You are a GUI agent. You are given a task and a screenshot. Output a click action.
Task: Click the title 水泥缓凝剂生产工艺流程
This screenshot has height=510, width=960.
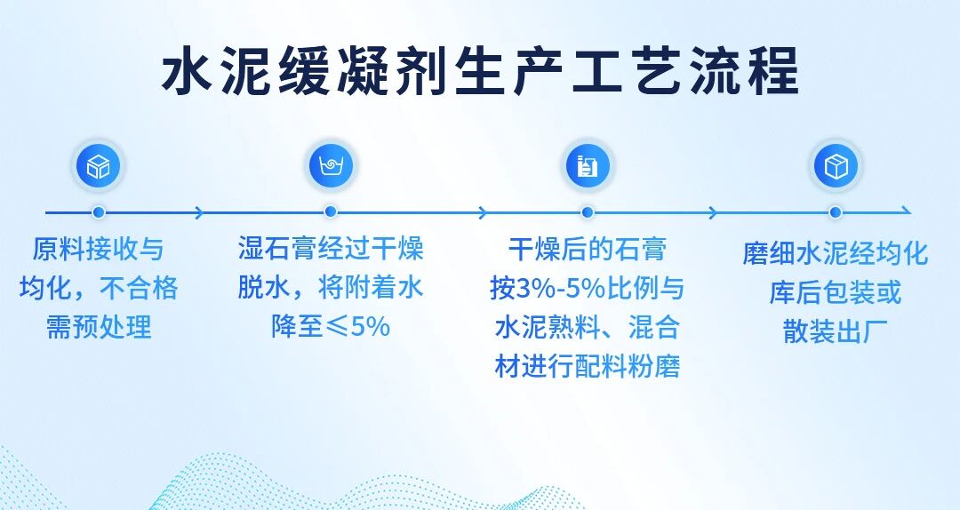(481, 72)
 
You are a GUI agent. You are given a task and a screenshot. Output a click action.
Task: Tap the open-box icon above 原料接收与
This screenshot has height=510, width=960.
(98, 166)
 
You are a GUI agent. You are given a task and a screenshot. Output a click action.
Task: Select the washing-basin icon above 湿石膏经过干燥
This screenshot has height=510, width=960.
(331, 166)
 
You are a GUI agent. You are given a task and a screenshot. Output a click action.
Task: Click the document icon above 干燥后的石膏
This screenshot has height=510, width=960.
(588, 166)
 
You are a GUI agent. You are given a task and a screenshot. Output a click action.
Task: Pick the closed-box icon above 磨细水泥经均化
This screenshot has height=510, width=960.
(836, 166)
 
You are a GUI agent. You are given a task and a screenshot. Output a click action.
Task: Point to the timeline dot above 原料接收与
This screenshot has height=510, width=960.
(98, 212)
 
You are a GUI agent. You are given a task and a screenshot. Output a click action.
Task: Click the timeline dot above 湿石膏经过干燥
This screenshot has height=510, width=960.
(331, 212)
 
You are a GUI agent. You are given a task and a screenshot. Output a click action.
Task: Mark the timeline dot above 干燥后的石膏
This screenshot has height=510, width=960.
(588, 212)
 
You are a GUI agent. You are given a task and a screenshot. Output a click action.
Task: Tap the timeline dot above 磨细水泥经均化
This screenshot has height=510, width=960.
(836, 212)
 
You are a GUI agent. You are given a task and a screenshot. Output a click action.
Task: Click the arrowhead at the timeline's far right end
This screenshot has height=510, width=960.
(908, 212)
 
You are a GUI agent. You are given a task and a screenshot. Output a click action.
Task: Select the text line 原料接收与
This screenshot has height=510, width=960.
(98, 249)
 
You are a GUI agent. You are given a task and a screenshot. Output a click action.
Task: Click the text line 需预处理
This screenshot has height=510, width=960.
(98, 328)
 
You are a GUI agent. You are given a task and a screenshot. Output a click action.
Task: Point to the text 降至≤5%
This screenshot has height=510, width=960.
(331, 326)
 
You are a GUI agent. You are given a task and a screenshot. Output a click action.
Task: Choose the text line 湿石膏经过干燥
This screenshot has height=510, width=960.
(331, 249)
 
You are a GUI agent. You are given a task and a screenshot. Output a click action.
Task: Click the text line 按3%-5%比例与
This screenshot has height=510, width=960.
(588, 289)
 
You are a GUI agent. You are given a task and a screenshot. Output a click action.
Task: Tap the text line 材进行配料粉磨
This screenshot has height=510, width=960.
(588, 367)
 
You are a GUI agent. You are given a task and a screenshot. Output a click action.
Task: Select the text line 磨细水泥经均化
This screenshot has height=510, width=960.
(836, 253)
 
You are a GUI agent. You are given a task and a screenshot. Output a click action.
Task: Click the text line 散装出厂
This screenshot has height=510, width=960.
(836, 331)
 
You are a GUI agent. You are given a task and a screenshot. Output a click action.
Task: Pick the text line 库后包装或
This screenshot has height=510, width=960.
(836, 292)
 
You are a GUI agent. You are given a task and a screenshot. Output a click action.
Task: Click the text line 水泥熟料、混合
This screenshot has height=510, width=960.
(588, 328)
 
